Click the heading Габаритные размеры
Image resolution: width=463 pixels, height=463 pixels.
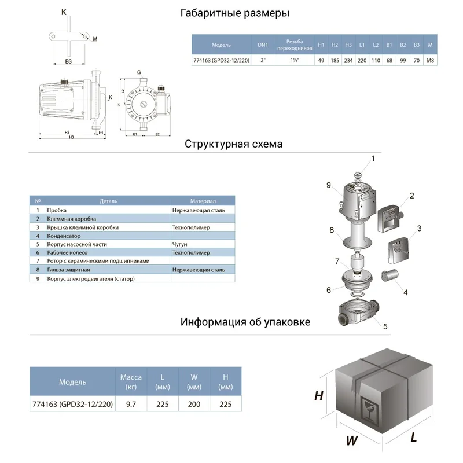[x=234, y=13]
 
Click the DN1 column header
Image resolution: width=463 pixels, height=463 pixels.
[x=263, y=45]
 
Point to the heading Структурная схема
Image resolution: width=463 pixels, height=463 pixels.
[x=234, y=144]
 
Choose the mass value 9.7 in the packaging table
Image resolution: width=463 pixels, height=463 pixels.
[x=131, y=405]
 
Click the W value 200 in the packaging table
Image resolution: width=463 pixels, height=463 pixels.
[x=194, y=405]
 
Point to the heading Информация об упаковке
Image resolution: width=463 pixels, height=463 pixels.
[x=245, y=322]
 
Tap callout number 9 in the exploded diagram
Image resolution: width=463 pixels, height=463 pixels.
[x=328, y=185]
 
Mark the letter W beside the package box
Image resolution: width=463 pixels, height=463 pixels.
[x=351, y=440]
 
